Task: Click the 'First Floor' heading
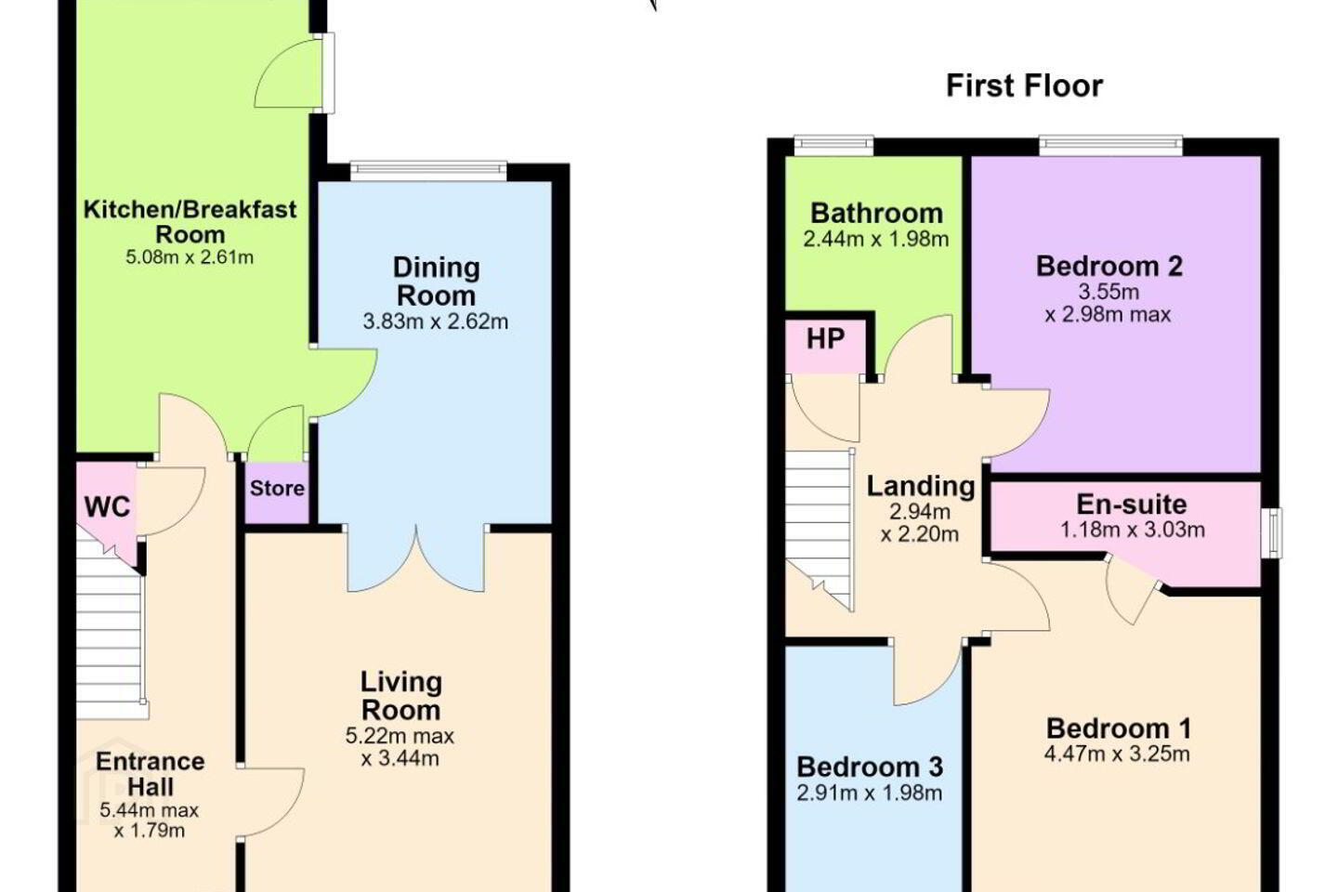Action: (x=1024, y=86)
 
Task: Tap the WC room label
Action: (x=108, y=507)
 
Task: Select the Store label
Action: (x=277, y=489)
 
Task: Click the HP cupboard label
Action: (x=825, y=339)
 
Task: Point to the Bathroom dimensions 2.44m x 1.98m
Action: (x=876, y=240)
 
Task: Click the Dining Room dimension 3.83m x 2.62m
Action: (x=436, y=322)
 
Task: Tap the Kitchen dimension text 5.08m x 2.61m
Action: (x=190, y=257)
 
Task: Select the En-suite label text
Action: (x=1132, y=505)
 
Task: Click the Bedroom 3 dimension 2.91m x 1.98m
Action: (x=870, y=793)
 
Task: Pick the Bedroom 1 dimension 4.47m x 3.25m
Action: (x=1118, y=754)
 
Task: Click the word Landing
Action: (x=921, y=487)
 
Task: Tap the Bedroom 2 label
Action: (x=1109, y=267)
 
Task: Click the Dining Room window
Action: (x=429, y=171)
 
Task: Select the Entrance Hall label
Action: (x=150, y=774)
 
